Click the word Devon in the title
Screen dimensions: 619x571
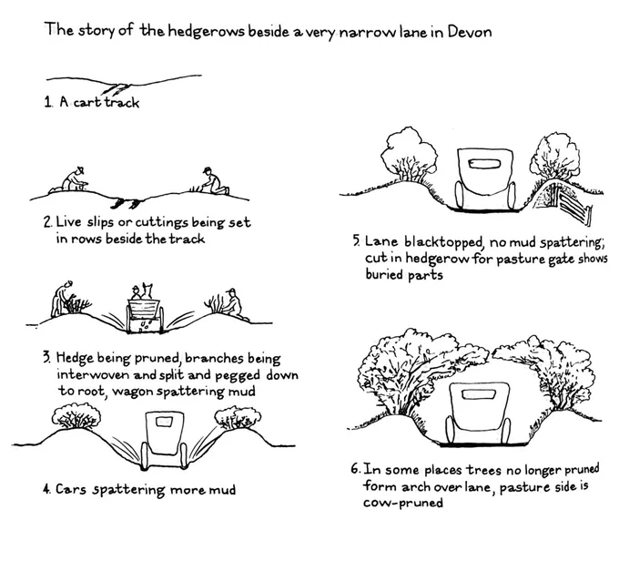(470, 32)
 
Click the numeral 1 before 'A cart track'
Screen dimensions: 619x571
(47, 102)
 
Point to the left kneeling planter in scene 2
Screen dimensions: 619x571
(70, 180)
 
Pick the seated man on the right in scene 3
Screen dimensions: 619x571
(233, 305)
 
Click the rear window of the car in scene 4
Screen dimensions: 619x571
(164, 423)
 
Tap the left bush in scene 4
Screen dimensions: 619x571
(76, 416)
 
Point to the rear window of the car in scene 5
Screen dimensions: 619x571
(484, 164)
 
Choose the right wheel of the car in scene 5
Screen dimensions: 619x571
(512, 196)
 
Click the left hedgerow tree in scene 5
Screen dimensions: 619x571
(409, 155)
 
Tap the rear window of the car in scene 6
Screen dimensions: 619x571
(479, 394)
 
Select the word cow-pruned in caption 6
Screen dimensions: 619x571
(403, 503)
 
